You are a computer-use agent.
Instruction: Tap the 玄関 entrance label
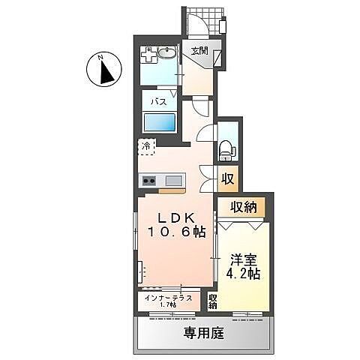pyautogui.click(x=199, y=51)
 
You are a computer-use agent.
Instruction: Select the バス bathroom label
pyautogui.click(x=159, y=100)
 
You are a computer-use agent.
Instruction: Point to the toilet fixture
pyautogui.click(x=226, y=150)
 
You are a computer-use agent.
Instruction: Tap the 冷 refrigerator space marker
pyautogui.click(x=146, y=147)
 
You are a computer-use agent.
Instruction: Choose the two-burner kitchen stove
pyautogui.click(x=148, y=180)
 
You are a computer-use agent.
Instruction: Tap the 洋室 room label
pyautogui.click(x=244, y=259)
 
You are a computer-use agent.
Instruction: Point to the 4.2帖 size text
pyautogui.click(x=244, y=274)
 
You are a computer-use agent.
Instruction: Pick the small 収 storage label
pyautogui.click(x=226, y=179)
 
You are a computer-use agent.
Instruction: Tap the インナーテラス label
pyautogui.click(x=167, y=298)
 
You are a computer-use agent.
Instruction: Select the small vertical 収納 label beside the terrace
pyautogui.click(x=212, y=301)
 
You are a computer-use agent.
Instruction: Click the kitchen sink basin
pyautogui.click(x=173, y=180)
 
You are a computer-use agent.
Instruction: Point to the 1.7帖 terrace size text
pyautogui.click(x=167, y=305)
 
